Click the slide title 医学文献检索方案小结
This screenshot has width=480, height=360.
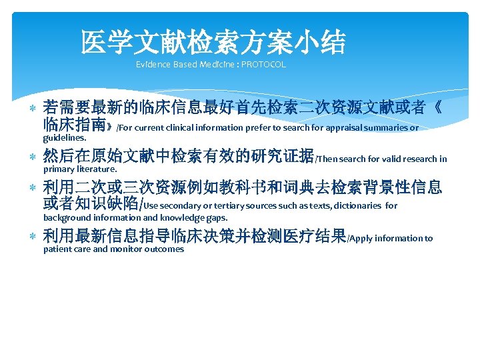pyautogui.click(x=213, y=43)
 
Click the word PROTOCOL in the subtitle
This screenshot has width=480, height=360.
pyautogui.click(x=263, y=65)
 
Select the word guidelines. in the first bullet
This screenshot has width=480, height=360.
pyautogui.click(x=65, y=138)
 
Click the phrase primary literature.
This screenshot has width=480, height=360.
pyautogui.click(x=71, y=169)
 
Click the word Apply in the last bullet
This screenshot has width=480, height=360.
pyautogui.click(x=365, y=238)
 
